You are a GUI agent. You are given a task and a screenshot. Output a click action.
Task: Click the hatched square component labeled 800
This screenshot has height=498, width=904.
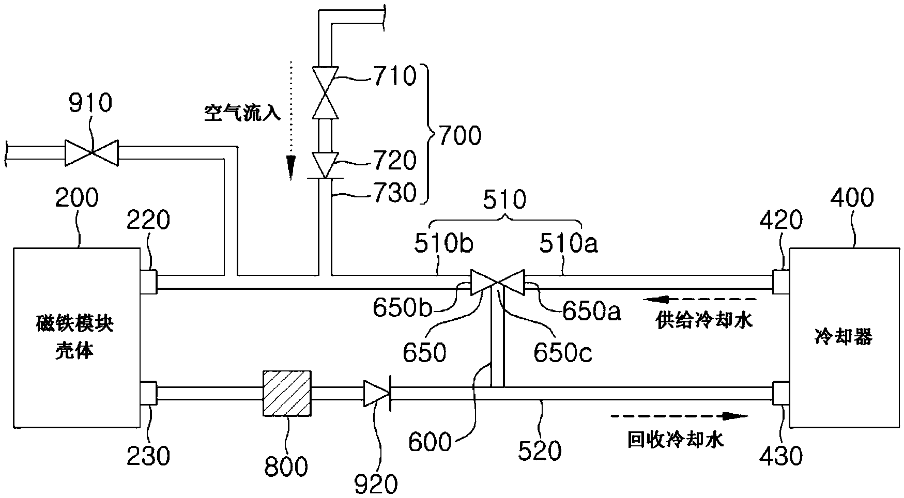tap(287, 393)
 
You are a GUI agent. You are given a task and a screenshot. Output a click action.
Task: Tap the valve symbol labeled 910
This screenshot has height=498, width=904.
tap(91, 152)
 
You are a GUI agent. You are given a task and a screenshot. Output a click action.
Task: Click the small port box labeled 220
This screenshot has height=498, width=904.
tap(148, 282)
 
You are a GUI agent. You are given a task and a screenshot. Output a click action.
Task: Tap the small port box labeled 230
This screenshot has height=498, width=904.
tap(148, 393)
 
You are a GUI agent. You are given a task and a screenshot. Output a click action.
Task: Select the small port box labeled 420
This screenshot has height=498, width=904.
tap(780, 282)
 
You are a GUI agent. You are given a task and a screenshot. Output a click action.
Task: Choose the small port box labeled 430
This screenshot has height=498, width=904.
tap(780, 393)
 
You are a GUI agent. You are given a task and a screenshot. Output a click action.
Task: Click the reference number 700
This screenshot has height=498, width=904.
tap(458, 136)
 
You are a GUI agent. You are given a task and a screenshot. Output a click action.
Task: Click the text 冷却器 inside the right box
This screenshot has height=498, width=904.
tap(843, 337)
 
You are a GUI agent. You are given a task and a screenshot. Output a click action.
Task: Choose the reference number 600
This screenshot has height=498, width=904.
tap(430, 442)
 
